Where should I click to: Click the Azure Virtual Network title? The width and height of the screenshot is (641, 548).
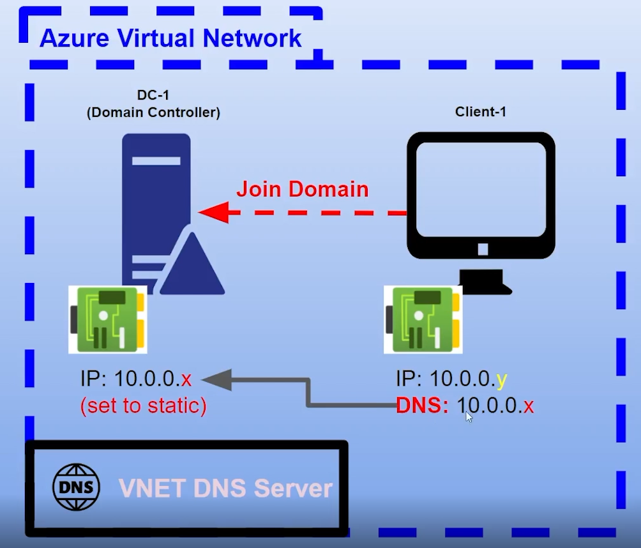[x=170, y=38]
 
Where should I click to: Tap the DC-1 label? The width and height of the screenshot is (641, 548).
[x=153, y=95]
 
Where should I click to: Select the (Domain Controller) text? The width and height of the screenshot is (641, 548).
[x=153, y=112]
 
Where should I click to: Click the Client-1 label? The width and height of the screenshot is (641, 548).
[x=481, y=112]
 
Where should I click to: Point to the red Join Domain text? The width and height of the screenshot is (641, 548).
[x=302, y=189]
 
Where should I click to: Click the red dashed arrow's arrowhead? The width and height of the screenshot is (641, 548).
[x=214, y=213]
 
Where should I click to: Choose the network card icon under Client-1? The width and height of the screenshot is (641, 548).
[x=423, y=319]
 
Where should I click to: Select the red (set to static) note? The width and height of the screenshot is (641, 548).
[x=143, y=406]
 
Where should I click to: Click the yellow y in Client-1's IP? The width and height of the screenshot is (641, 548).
[x=502, y=379]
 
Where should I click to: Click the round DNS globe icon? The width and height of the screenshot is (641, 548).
[x=76, y=487]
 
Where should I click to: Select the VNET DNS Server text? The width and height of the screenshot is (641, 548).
[x=225, y=489]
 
